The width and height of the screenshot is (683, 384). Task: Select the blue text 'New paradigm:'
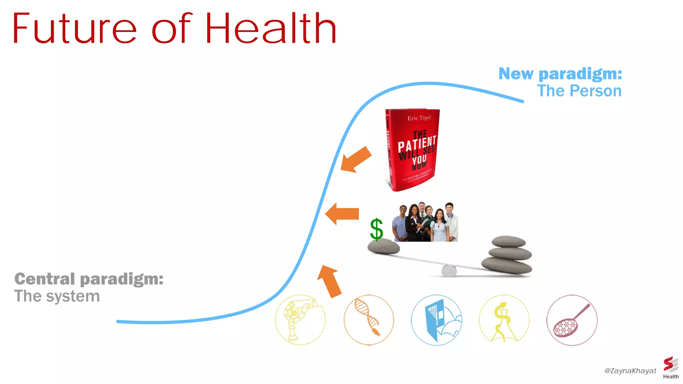click(x=560, y=74)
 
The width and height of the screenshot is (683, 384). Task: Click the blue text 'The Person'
click(x=579, y=91)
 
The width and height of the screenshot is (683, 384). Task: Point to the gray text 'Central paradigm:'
click(x=89, y=279)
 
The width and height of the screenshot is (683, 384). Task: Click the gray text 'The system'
click(x=57, y=296)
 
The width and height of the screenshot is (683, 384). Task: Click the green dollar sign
click(x=377, y=229)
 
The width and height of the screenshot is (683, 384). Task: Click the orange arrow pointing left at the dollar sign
click(x=342, y=214)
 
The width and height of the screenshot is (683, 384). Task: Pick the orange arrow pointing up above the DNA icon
click(x=329, y=281)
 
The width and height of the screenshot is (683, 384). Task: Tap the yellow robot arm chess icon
click(x=300, y=320)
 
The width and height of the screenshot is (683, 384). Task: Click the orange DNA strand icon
click(x=369, y=320)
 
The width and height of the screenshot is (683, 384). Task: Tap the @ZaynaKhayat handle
click(x=630, y=371)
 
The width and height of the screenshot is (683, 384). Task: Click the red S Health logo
click(x=671, y=367)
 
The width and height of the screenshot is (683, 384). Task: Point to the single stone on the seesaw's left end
click(x=384, y=247)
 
